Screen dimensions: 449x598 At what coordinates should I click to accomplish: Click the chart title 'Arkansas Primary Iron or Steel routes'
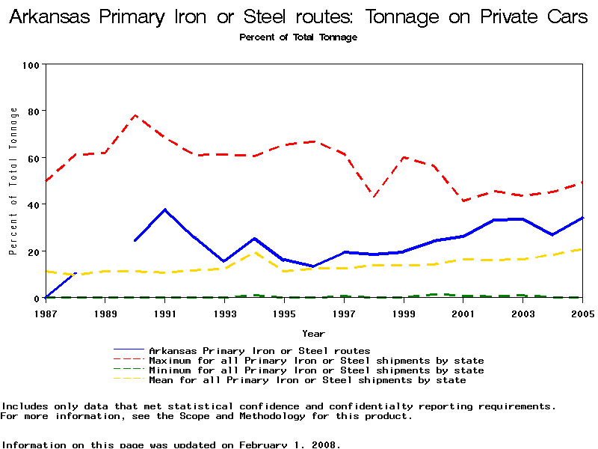click(298, 17)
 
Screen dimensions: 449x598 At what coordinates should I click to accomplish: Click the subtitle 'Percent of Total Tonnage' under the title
click(298, 37)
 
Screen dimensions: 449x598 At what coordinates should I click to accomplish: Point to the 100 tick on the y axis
click(31, 64)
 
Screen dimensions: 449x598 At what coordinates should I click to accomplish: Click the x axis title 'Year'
click(313, 333)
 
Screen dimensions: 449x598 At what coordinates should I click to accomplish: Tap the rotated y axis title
click(13, 181)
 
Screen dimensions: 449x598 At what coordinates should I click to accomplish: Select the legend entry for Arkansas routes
click(259, 350)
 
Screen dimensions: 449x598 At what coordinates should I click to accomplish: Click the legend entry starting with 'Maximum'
click(316, 361)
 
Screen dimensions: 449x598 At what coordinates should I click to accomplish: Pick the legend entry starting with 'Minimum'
click(316, 370)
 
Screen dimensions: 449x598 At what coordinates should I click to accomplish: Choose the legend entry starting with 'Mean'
click(307, 380)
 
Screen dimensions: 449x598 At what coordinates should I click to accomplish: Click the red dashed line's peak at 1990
click(135, 115)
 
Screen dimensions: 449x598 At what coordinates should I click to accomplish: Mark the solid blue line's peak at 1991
click(164, 210)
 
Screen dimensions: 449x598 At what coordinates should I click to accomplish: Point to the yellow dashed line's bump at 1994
click(254, 252)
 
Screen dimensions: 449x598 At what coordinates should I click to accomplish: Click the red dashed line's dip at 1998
click(374, 196)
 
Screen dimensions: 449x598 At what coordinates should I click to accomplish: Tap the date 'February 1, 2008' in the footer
click(288, 445)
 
